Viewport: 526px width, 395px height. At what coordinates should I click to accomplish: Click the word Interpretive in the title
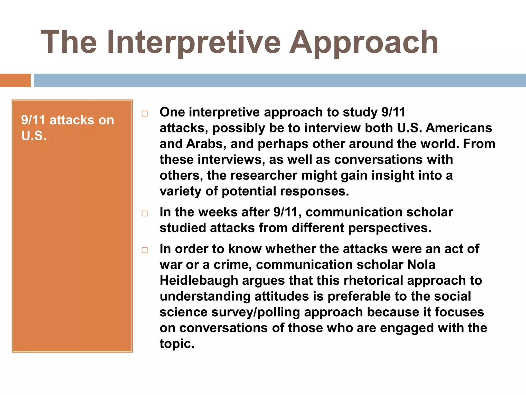194,42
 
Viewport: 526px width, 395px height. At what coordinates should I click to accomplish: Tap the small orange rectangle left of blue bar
15,80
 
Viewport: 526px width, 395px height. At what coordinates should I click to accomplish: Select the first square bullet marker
145,114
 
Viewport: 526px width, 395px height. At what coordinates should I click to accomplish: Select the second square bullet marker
145,213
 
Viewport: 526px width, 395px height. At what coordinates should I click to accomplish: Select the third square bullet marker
145,250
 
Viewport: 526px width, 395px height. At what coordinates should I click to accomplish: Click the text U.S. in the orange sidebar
34,136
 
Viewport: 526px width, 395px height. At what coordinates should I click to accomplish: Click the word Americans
459,128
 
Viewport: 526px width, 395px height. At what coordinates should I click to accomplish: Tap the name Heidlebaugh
199,281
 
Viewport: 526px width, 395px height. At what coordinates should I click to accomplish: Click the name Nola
421,265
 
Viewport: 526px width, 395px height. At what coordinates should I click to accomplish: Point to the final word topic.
177,344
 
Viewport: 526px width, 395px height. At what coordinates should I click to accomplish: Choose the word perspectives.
390,228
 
